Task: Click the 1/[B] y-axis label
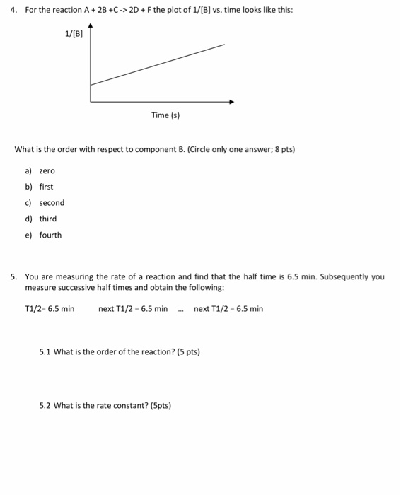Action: click(x=74, y=33)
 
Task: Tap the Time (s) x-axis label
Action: click(x=165, y=115)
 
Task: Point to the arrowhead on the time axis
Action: click(x=231, y=102)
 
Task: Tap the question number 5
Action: click(x=13, y=276)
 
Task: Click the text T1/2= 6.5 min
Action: click(x=50, y=308)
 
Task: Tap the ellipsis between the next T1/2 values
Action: click(x=181, y=308)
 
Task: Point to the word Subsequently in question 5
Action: click(x=344, y=276)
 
